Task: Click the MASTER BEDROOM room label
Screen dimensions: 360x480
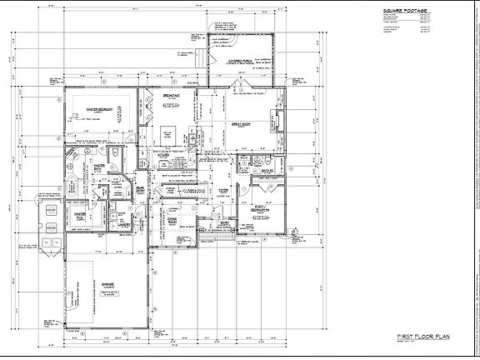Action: tap(99, 109)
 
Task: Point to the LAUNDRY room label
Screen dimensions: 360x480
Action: tap(122, 223)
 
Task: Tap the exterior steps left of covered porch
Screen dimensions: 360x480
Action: tap(197, 62)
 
